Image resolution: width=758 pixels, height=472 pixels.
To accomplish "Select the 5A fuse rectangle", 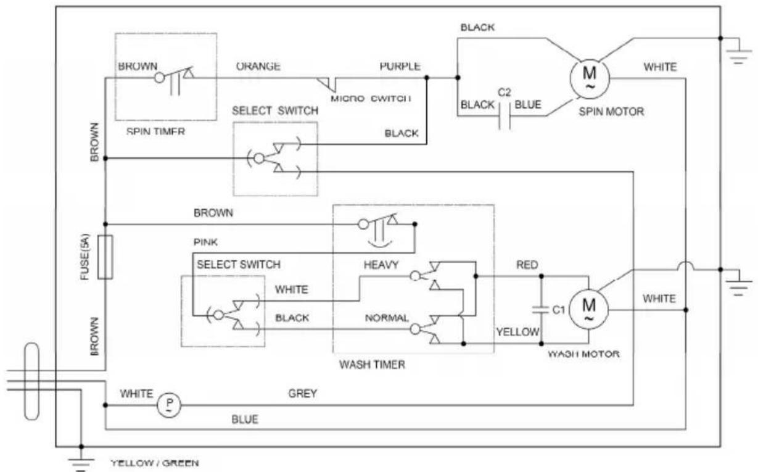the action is pyautogui.click(x=105, y=257).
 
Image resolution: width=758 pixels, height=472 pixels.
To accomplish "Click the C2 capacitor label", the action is pyautogui.click(x=505, y=93).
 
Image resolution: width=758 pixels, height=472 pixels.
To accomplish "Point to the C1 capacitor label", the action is pyautogui.click(x=559, y=310).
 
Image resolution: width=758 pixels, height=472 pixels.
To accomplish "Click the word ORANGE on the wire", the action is pyautogui.click(x=258, y=67).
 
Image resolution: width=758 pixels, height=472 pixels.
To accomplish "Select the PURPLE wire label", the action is pyautogui.click(x=400, y=67).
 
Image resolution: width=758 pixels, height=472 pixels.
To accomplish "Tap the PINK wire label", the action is pyautogui.click(x=205, y=242).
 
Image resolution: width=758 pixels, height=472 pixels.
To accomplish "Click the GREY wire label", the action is pyautogui.click(x=303, y=394).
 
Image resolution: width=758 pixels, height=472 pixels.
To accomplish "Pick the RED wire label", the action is pyautogui.click(x=527, y=265).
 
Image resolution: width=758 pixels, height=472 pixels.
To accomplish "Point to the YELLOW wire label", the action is pyautogui.click(x=517, y=332).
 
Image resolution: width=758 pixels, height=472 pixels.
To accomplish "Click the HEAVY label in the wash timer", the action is pyautogui.click(x=381, y=265).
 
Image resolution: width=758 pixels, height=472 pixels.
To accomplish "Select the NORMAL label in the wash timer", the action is pyautogui.click(x=387, y=318).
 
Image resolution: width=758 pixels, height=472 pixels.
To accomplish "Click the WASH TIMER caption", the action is pyautogui.click(x=373, y=365).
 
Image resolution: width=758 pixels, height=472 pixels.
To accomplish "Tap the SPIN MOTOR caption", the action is pyautogui.click(x=611, y=112).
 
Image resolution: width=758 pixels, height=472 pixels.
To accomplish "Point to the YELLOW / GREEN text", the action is pyautogui.click(x=155, y=463).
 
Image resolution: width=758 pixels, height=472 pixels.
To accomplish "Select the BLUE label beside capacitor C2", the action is pyautogui.click(x=528, y=105).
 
